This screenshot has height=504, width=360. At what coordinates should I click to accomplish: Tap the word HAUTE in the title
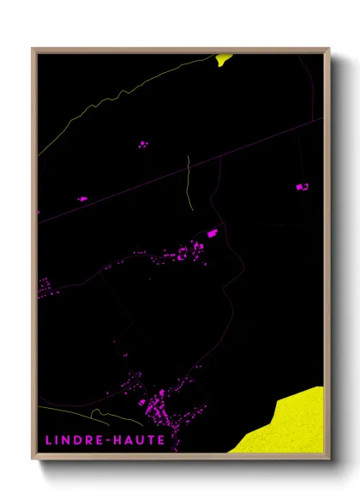(139, 440)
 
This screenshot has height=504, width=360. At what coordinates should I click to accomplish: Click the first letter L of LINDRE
(48, 440)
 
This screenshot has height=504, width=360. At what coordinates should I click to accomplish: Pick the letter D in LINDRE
(81, 440)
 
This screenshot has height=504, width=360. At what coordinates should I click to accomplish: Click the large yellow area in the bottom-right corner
(287, 424)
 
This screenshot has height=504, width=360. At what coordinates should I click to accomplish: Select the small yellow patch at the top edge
(224, 59)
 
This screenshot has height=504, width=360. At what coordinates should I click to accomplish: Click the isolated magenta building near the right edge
(301, 186)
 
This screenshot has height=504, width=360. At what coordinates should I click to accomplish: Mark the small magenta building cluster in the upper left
(142, 144)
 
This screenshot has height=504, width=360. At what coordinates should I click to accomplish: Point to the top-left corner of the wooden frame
(33, 49)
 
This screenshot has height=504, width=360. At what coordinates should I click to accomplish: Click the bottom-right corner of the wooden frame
(328, 459)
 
